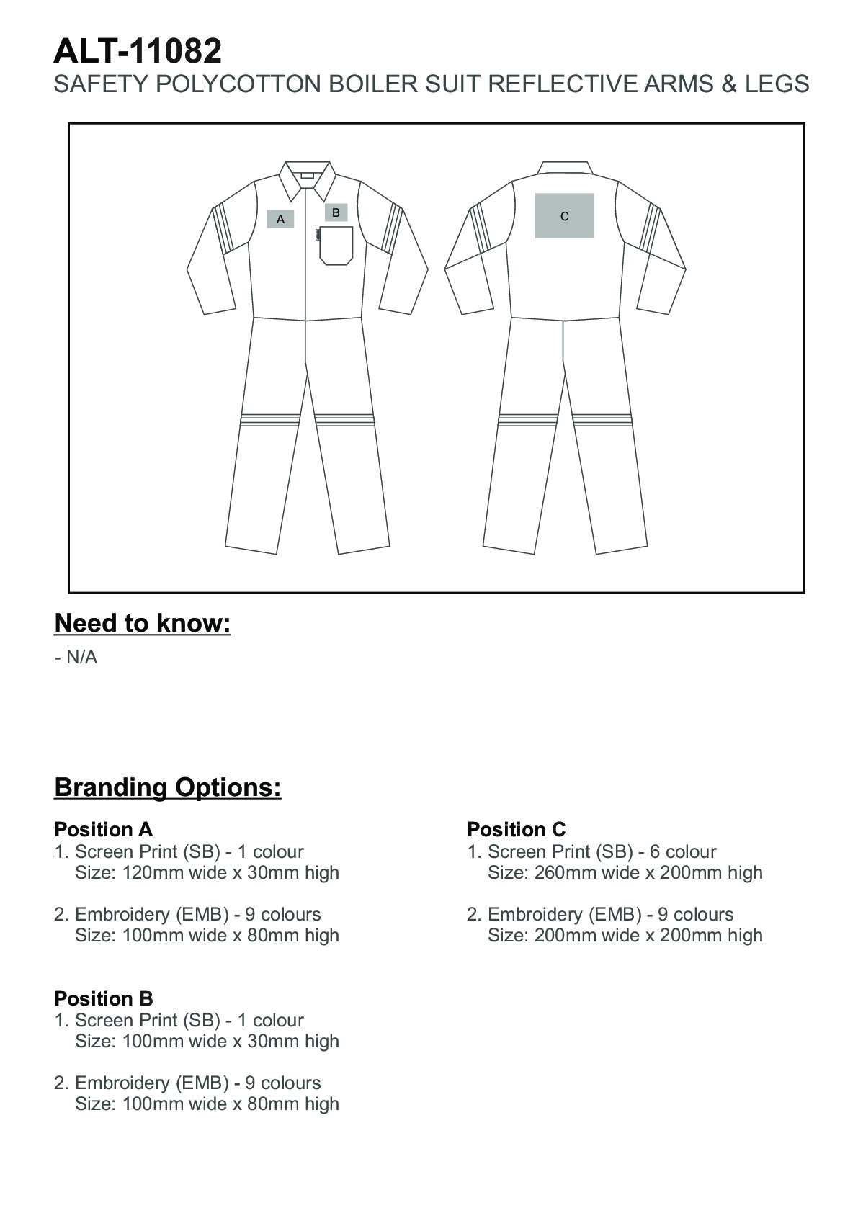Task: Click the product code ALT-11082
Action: pyautogui.click(x=138, y=52)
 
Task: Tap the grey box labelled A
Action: pyautogui.click(x=280, y=219)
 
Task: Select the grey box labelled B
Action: pyautogui.click(x=336, y=212)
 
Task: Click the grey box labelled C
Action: pyautogui.click(x=564, y=215)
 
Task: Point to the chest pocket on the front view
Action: pyautogui.click(x=336, y=245)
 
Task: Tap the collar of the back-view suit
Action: pyautogui.click(x=566, y=168)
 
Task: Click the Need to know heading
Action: pyautogui.click(x=143, y=623)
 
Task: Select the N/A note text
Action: pyautogui.click(x=76, y=658)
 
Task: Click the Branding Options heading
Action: pyautogui.click(x=168, y=787)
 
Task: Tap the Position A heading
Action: pyautogui.click(x=103, y=829)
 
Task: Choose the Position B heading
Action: pyautogui.click(x=103, y=998)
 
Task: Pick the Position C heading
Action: pyautogui.click(x=516, y=829)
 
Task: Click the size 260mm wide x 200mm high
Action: pyautogui.click(x=625, y=872)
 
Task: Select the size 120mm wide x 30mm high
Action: pyautogui.click(x=207, y=872)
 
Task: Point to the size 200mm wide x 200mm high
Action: pyautogui.click(x=625, y=935)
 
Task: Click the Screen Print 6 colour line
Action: pyautogui.click(x=591, y=851)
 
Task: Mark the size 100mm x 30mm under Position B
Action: pyautogui.click(x=207, y=1041)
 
